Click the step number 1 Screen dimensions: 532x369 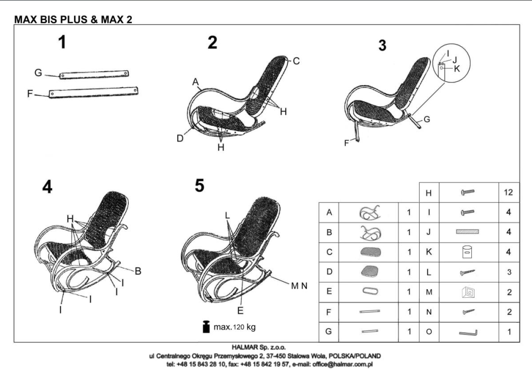coord(62,42)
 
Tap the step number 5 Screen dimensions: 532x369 coord(199,186)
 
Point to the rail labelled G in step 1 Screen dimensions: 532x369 coord(94,74)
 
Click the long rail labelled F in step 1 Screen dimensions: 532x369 coord(93,93)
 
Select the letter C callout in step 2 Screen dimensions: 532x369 coord(296,61)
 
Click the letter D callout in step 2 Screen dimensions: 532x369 coord(180,138)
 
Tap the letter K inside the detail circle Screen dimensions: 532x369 coord(456,69)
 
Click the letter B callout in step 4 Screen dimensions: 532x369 coord(138,271)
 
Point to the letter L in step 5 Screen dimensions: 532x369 coord(227,215)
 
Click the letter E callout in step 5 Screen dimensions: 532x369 coord(240,311)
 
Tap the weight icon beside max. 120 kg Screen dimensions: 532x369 coord(206,326)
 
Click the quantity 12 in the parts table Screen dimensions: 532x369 coord(508,192)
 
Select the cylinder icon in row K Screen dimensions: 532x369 coord(468,252)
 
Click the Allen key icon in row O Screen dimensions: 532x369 coord(468,332)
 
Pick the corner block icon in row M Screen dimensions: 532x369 coord(468,292)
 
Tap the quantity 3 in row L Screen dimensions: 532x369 coord(509,272)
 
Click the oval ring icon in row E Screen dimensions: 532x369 coord(370,291)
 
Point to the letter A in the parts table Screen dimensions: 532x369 coord(329,212)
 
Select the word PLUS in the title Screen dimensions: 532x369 coord(73,19)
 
